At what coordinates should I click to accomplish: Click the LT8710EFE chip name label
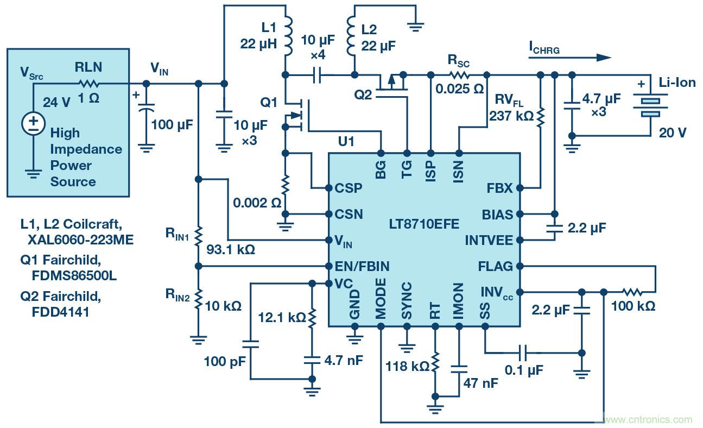point(424,224)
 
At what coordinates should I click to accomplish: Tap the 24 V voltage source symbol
point(34,124)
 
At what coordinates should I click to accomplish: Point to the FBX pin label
point(500,188)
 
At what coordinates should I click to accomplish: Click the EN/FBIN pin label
point(363,266)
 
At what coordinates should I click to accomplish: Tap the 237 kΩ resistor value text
point(511,116)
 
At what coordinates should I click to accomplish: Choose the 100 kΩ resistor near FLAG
point(633,292)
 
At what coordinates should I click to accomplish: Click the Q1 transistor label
point(269,102)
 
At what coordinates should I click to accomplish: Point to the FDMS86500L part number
point(74,275)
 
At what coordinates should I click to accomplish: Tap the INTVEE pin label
point(489,240)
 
